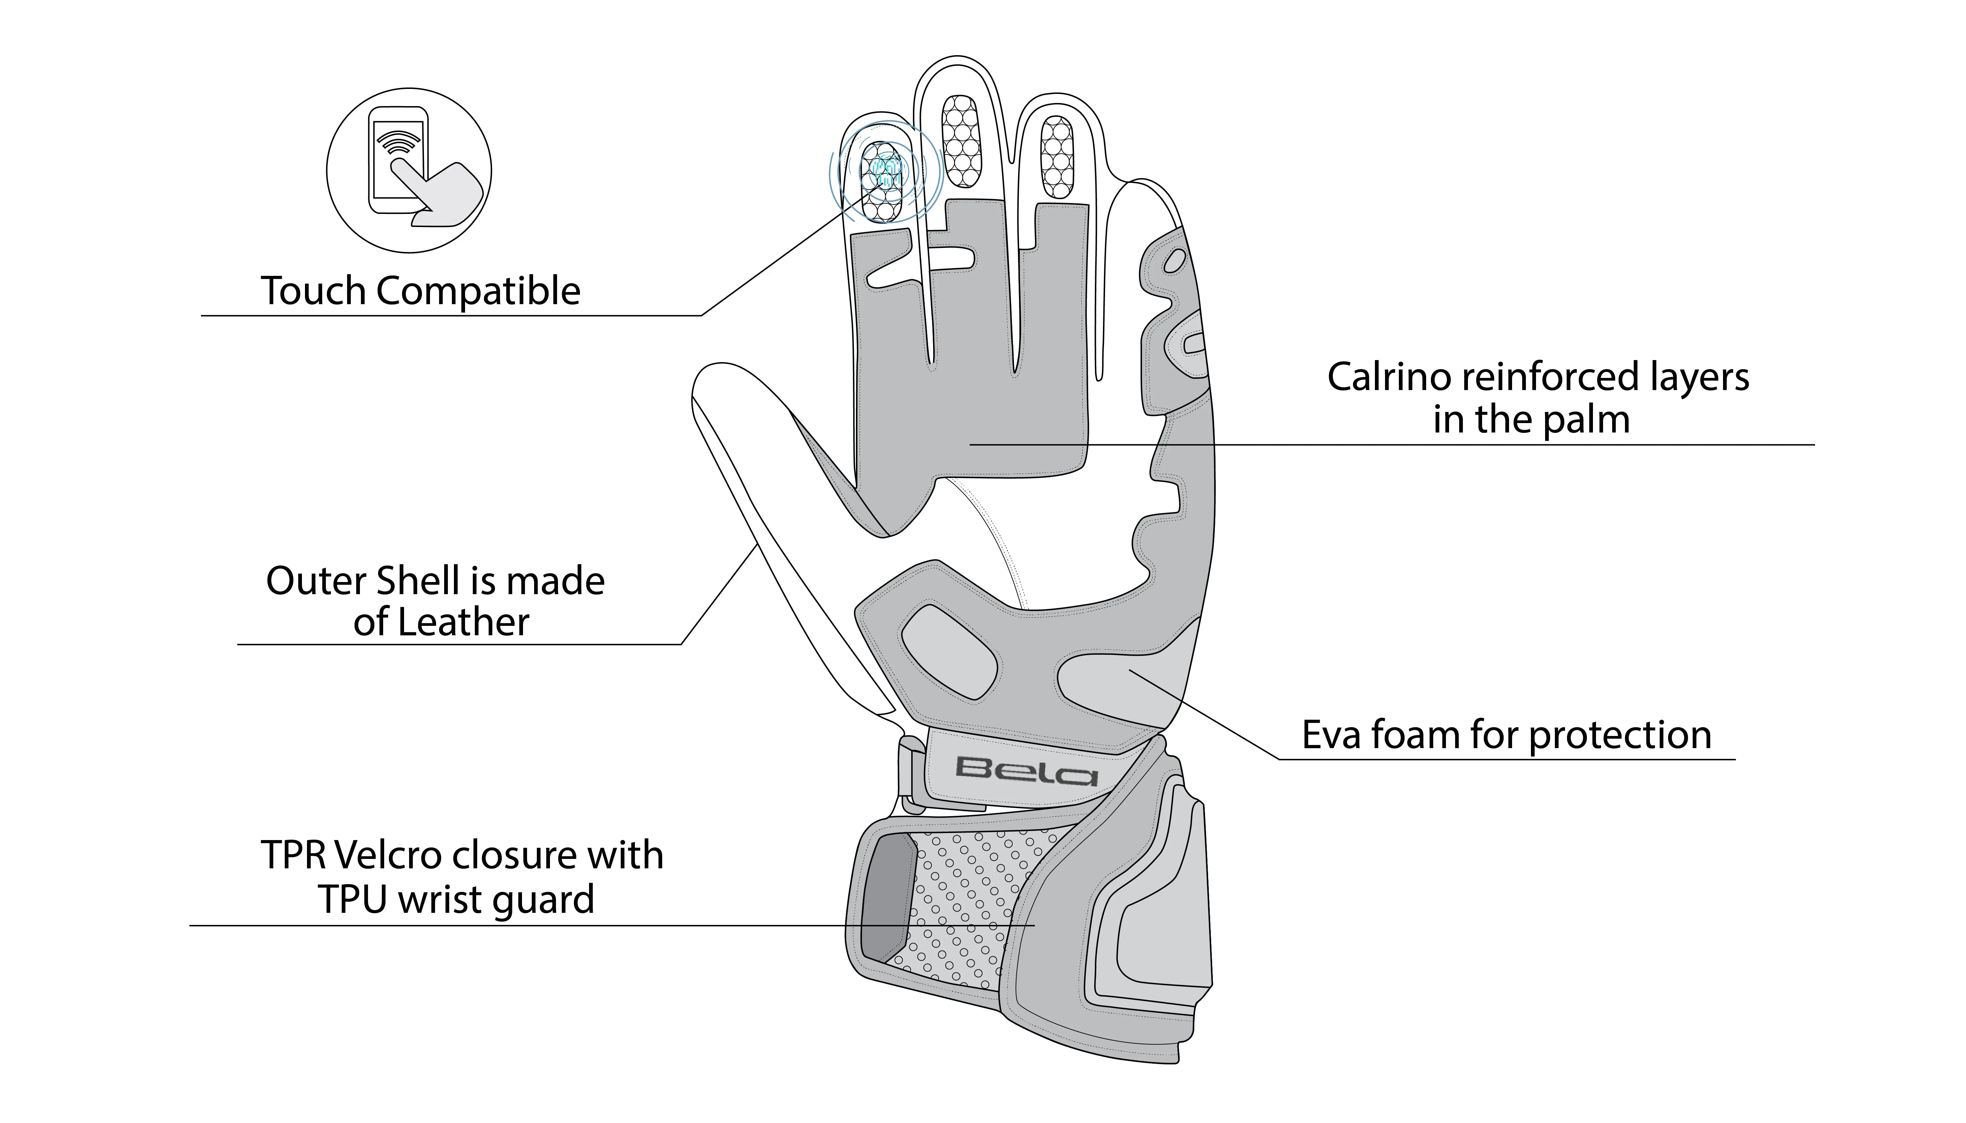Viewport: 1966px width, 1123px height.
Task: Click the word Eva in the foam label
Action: point(1331,735)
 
